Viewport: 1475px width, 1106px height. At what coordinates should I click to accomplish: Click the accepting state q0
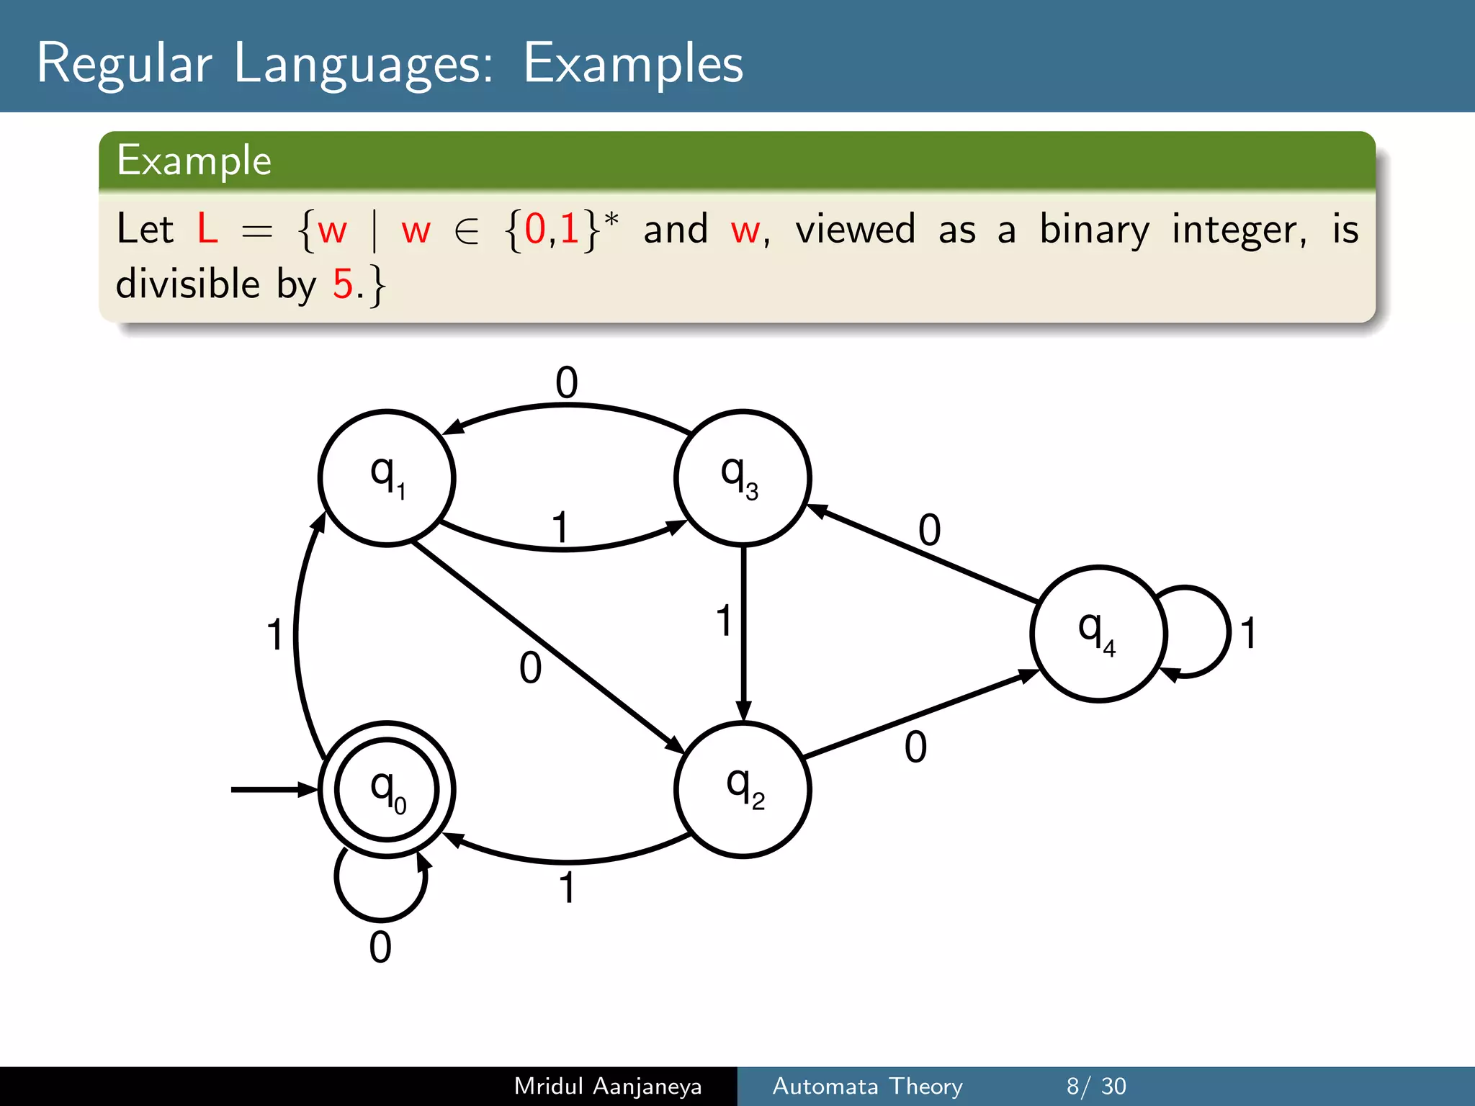click(387, 789)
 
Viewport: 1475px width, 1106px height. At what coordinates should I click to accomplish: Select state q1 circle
click(387, 478)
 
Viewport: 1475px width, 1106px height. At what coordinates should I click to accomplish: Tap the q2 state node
click(743, 789)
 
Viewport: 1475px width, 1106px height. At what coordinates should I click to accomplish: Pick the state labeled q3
click(743, 478)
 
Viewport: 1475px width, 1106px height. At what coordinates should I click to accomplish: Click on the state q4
click(1098, 634)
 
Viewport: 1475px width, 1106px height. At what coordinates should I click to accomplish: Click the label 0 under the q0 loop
click(380, 948)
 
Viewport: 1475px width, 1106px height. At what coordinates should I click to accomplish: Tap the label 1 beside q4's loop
click(1248, 634)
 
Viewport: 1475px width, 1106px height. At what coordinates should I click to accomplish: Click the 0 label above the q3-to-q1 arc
click(567, 382)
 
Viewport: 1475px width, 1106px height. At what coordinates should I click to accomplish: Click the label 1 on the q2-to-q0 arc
click(568, 888)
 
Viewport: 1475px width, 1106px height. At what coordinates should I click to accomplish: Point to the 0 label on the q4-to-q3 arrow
click(929, 531)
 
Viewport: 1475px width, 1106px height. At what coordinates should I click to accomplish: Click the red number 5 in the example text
click(343, 284)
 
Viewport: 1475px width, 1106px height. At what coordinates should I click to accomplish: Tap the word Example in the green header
click(194, 160)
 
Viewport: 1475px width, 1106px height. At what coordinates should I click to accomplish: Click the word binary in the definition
click(1094, 230)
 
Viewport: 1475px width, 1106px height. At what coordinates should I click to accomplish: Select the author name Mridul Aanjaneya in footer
click(607, 1086)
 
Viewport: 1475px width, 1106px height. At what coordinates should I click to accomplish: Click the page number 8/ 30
click(1095, 1086)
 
